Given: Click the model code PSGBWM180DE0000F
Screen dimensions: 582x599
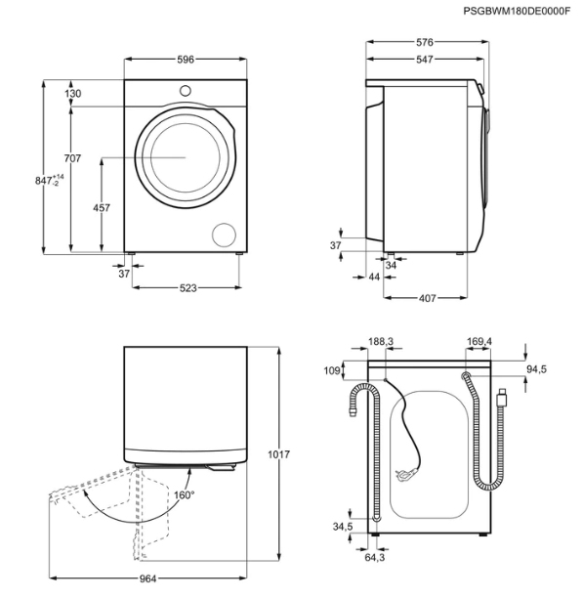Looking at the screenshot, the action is coord(517,11).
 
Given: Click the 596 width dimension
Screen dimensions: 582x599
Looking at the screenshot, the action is coord(186,60).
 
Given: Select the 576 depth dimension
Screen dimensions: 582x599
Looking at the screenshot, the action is coord(425,42).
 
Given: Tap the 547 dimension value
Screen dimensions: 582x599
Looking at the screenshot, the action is coord(425,60).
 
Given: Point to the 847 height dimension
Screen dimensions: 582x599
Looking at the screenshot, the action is coord(50,180).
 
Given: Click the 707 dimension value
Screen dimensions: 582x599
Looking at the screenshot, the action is coord(72,158).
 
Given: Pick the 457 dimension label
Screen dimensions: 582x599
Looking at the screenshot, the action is coord(102,208).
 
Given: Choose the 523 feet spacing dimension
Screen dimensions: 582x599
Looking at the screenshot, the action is coord(187,287).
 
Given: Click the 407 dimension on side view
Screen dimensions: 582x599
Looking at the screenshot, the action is coord(427,298).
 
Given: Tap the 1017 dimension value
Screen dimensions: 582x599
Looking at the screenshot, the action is coord(278,454).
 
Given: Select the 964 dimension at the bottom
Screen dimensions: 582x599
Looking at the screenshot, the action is coord(147,579).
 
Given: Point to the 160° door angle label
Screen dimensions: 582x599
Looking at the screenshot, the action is coord(184,495).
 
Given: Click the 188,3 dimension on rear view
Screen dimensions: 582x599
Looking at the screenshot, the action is coord(381,342).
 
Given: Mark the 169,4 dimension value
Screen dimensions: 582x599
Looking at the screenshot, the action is coord(478,341).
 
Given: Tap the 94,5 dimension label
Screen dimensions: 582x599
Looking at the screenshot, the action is coord(536,369).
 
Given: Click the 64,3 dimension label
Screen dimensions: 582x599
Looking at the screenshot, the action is coord(375,558).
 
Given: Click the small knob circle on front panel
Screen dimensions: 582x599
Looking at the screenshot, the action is coord(186,91).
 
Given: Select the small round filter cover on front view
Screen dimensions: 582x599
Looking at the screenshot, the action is coord(224,235).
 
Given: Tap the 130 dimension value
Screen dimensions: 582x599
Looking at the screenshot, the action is coord(72,94).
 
